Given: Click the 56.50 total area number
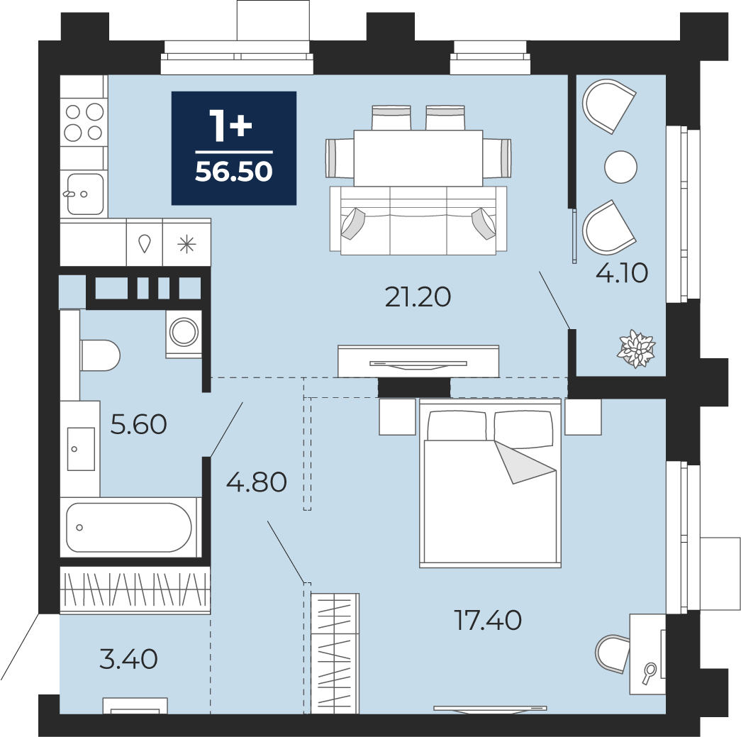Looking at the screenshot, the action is (234, 171).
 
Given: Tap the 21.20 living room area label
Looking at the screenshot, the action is (418, 297).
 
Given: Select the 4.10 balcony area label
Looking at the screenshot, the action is (621, 273).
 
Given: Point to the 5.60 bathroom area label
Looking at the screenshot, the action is (138, 424).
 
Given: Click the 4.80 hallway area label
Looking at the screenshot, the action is (257, 482).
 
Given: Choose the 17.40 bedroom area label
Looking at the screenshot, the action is (488, 620).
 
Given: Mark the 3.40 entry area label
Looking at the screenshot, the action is (128, 659).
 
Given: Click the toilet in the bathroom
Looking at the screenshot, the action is (100, 355).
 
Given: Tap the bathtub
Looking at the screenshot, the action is (129, 527).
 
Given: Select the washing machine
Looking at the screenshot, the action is (184, 333).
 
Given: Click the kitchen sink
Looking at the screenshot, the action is (85, 194).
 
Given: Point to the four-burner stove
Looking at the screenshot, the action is (84, 123).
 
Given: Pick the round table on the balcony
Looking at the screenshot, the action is (621, 167).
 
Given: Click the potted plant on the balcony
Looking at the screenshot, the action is (637, 349).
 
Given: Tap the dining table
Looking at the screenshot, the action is (418, 158).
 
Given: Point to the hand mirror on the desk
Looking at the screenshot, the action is (649, 673).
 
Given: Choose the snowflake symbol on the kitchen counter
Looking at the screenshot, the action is (186, 245).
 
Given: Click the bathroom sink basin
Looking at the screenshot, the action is (81, 449).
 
